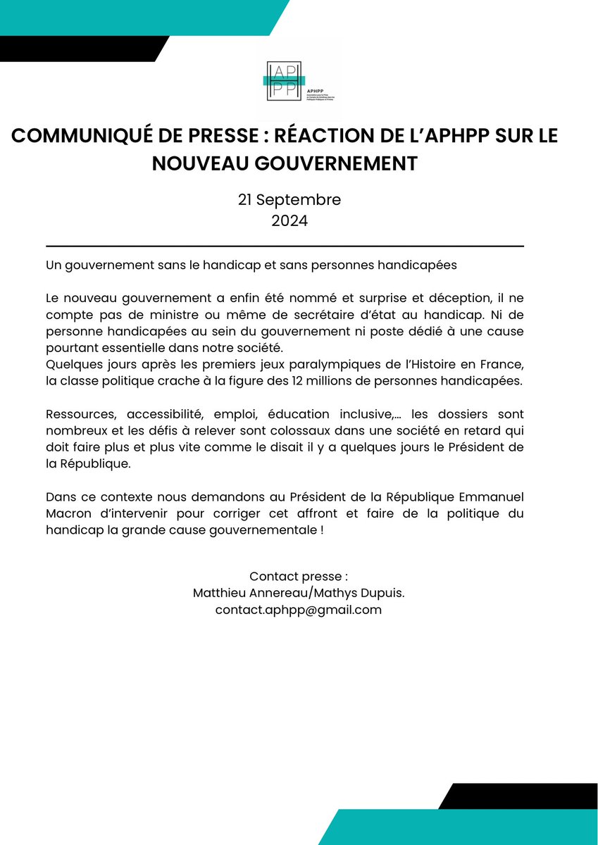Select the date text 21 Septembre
point(289,199)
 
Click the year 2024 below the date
point(289,220)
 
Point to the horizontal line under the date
point(285,246)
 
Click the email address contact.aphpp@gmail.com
point(299,610)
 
